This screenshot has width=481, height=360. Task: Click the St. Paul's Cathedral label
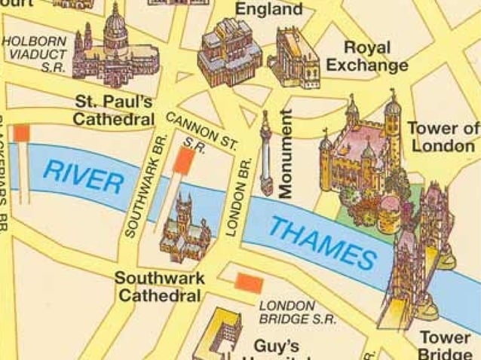coord(115,110)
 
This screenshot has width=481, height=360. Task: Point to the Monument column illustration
coord(265,154)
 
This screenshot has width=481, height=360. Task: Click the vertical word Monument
coord(286,154)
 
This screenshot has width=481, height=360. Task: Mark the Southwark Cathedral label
coord(159,287)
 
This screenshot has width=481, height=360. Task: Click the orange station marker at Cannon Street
coord(183,160)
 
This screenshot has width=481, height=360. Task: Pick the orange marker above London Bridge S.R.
coord(248,282)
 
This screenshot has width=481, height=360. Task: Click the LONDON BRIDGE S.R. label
coord(287,312)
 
